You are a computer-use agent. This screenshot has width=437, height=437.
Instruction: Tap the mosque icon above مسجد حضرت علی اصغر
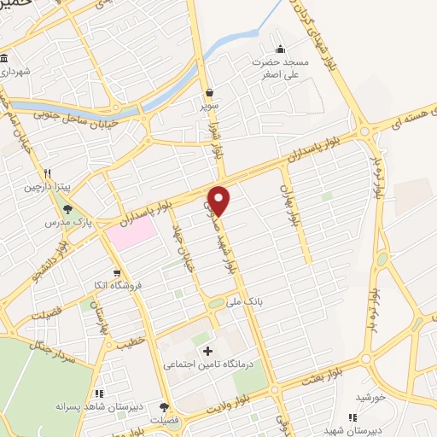pos(281,48)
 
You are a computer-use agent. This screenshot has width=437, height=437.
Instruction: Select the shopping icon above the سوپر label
pos(209,92)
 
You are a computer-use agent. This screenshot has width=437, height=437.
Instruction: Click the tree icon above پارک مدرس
pos(67,208)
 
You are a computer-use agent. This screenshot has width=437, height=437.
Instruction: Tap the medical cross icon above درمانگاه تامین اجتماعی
pos(206,351)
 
